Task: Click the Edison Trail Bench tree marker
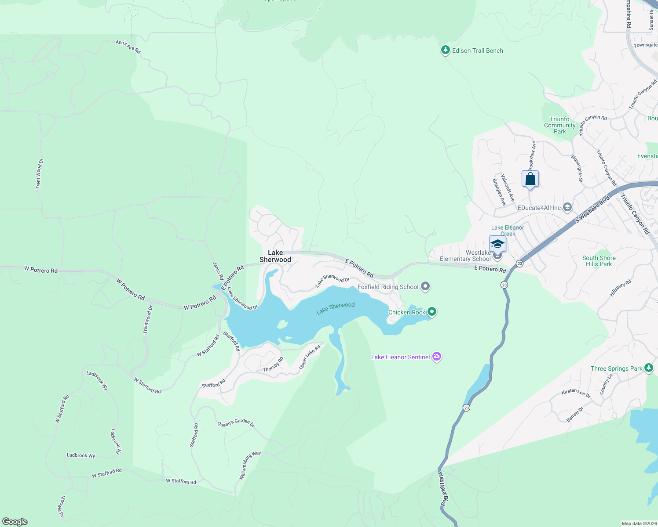click(x=446, y=50)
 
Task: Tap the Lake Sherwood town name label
click(x=275, y=256)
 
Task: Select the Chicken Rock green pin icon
click(x=432, y=312)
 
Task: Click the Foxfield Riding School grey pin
click(x=425, y=287)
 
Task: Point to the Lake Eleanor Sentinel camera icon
click(x=437, y=357)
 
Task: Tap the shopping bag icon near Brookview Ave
click(x=530, y=179)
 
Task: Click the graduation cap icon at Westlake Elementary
click(x=497, y=244)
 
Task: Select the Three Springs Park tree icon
click(x=649, y=368)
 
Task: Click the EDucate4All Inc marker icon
click(x=567, y=207)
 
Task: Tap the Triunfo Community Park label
click(x=559, y=125)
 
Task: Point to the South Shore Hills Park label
click(x=599, y=261)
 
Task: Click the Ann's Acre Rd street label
click(x=128, y=47)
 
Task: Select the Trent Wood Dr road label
click(x=39, y=174)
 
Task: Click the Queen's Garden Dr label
click(x=236, y=423)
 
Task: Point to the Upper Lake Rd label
click(x=310, y=357)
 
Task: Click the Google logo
click(x=15, y=522)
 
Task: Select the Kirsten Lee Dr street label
click(x=576, y=393)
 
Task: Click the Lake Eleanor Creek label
click(x=508, y=231)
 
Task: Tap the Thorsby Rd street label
click(x=273, y=365)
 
